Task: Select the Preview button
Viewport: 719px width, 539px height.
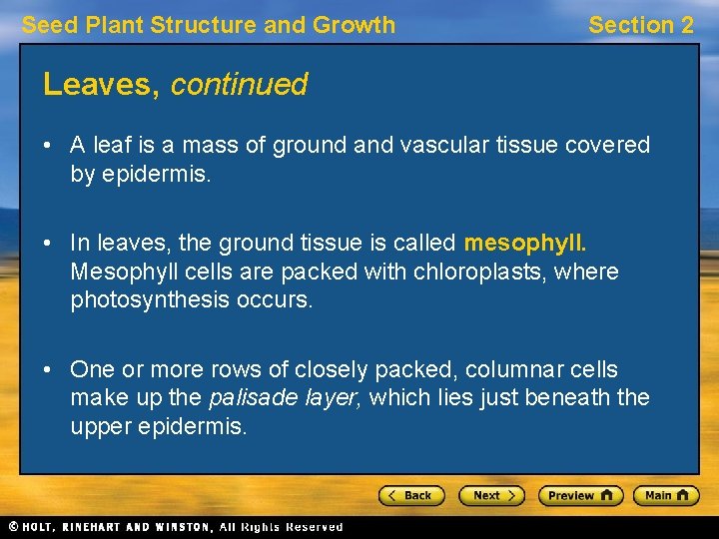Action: [580, 495]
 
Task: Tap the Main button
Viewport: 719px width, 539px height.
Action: [667, 495]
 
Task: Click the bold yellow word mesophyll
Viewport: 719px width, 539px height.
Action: [525, 243]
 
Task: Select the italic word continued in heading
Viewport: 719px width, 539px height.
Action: [239, 85]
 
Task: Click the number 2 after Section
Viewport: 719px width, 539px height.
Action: [686, 25]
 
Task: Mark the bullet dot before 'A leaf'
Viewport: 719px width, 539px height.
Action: [48, 146]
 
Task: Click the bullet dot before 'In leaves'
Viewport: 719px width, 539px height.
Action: [48, 244]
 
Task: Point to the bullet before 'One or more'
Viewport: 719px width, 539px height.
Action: [48, 370]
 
